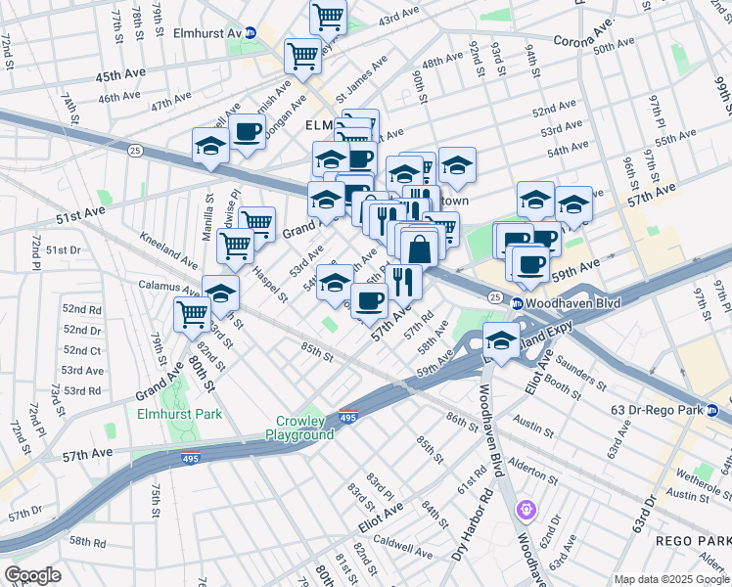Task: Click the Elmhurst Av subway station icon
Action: coord(251,32)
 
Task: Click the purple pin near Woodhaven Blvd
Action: coord(526,510)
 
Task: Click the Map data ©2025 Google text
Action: coord(671,579)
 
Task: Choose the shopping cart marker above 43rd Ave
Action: coord(328,17)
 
